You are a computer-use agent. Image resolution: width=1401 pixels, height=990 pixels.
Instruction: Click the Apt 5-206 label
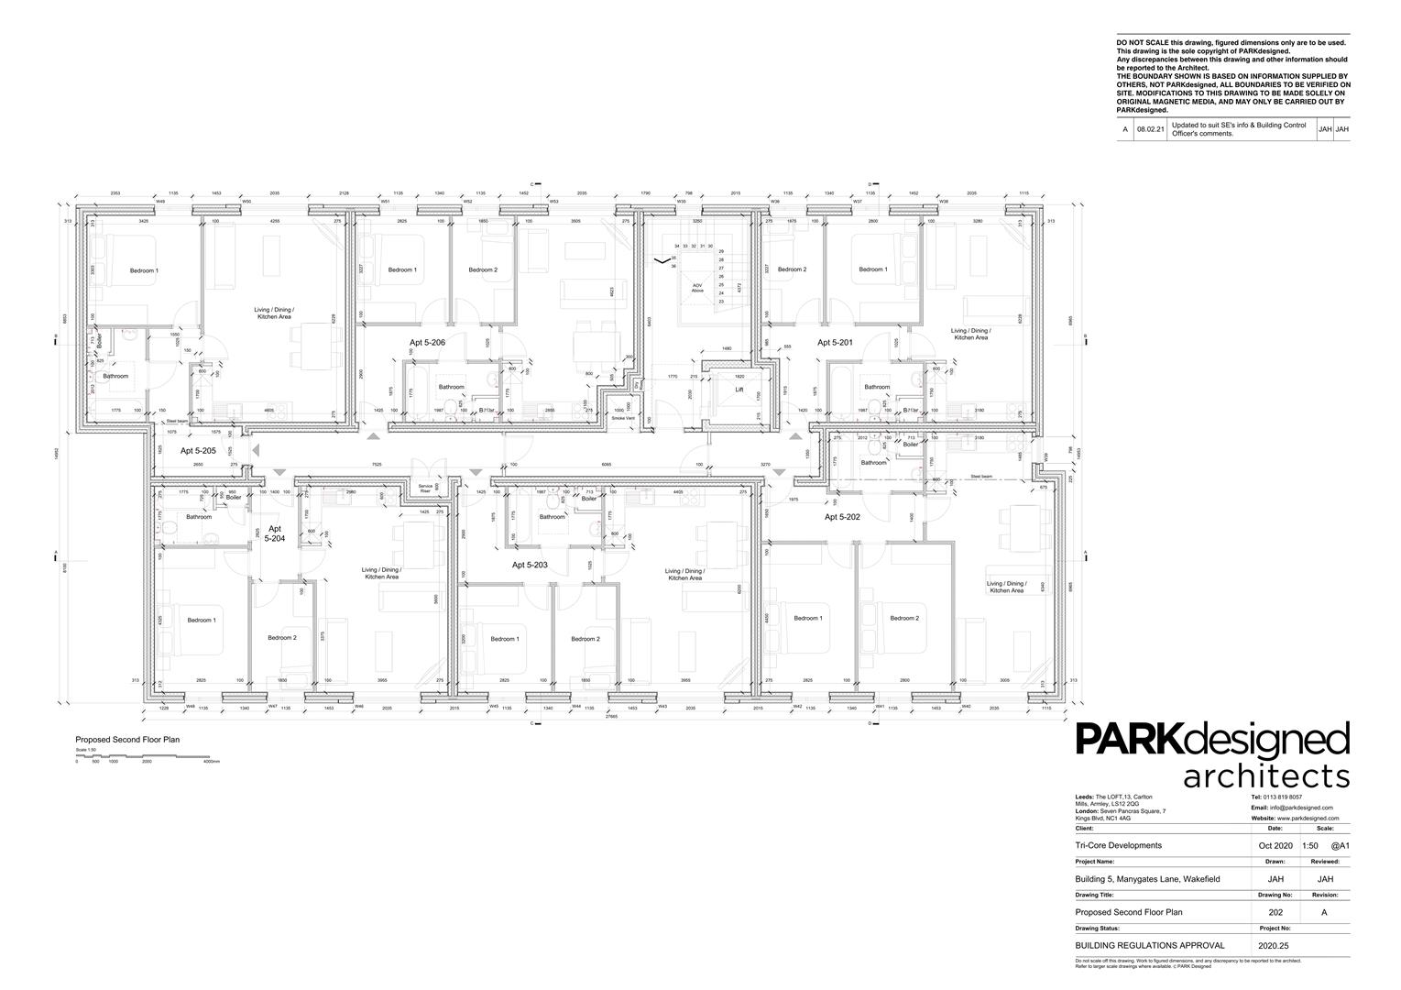[427, 342]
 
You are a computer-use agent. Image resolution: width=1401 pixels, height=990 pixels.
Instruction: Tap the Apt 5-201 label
[835, 342]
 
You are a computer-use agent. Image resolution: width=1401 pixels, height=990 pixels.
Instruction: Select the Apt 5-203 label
[530, 566]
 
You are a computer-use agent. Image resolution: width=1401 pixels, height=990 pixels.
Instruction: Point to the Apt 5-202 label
[842, 517]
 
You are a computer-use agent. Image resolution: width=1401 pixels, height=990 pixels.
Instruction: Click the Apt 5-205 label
[198, 451]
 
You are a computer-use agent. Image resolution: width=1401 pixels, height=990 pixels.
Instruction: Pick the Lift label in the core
[739, 390]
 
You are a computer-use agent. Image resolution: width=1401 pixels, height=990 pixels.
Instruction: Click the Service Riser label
[425, 489]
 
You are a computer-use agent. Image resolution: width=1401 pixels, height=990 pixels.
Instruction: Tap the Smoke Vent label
[623, 418]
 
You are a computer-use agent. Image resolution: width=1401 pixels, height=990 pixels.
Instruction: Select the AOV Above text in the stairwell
[697, 288]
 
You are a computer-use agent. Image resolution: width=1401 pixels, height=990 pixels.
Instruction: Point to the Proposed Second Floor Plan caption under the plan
[115, 738]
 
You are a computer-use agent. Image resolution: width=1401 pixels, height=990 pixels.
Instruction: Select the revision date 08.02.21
[1150, 130]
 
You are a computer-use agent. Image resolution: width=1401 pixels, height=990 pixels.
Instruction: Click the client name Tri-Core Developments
[1118, 845]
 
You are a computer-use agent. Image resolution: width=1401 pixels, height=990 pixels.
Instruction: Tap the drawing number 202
[1275, 912]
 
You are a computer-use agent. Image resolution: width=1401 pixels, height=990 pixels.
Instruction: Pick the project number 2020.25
[1273, 944]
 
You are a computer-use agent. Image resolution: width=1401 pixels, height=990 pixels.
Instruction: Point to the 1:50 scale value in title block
[1310, 845]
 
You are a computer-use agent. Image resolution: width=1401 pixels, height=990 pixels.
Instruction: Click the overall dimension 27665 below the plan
[610, 717]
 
